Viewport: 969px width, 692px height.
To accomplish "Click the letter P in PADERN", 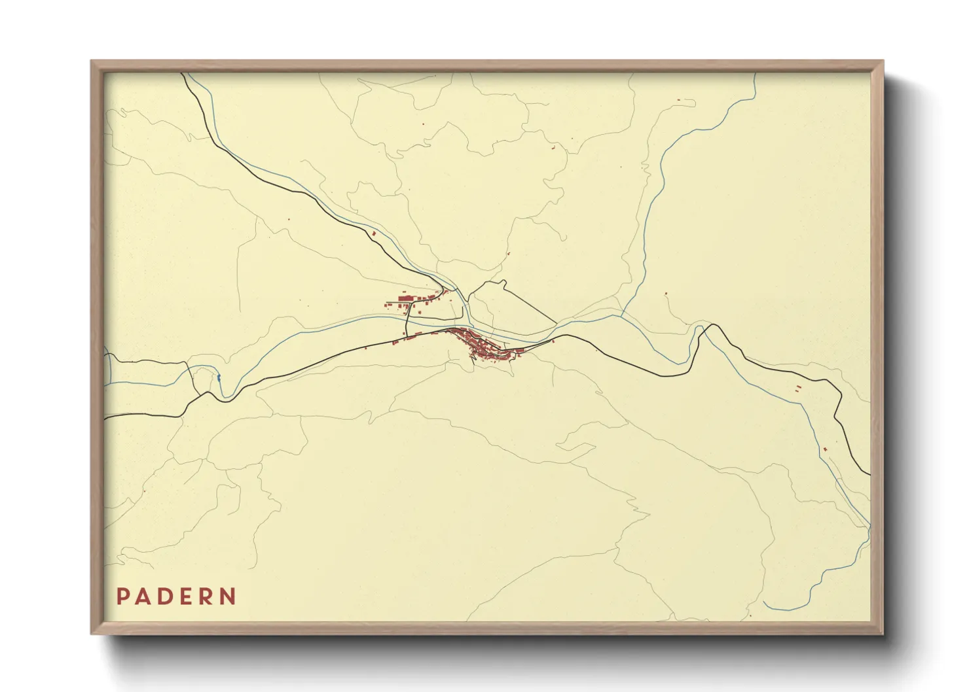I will pyautogui.click(x=122, y=597).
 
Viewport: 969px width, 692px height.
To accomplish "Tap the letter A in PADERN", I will pyautogui.click(x=143, y=597).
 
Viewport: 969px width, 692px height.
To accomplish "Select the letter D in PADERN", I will pyautogui.click(x=166, y=597).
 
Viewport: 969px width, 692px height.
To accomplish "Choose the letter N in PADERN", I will pyautogui.click(x=228, y=597).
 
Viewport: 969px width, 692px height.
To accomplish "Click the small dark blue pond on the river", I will pyautogui.click(x=218, y=377).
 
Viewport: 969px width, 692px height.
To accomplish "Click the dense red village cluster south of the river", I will pyautogui.click(x=488, y=347).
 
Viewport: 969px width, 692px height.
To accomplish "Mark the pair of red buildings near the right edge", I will pyautogui.click(x=797, y=389).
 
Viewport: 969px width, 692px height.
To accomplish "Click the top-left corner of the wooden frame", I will pyautogui.click(x=92, y=61).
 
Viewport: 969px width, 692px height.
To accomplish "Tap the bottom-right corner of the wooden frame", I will pyautogui.click(x=883, y=634).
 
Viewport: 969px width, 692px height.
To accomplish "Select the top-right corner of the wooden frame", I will pyautogui.click(x=883, y=61).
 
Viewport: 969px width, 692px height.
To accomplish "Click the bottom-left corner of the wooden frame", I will pyautogui.click(x=92, y=634).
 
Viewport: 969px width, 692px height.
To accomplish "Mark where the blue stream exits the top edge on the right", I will pyautogui.click(x=755, y=74).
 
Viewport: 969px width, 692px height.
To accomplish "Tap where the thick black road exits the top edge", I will pyautogui.click(x=182, y=74).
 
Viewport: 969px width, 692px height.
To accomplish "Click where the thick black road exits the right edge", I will pyautogui.click(x=869, y=474).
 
